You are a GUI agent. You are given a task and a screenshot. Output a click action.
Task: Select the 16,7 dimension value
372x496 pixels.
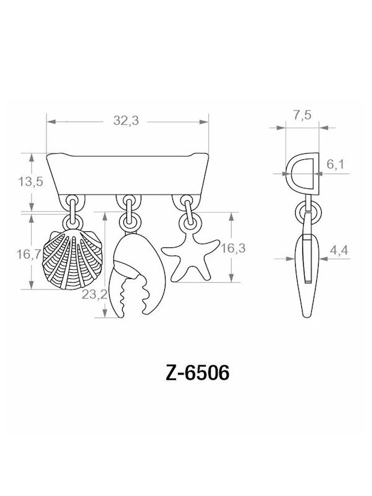click(26, 254)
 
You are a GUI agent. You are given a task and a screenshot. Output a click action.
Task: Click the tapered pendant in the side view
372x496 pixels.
click(305, 279)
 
